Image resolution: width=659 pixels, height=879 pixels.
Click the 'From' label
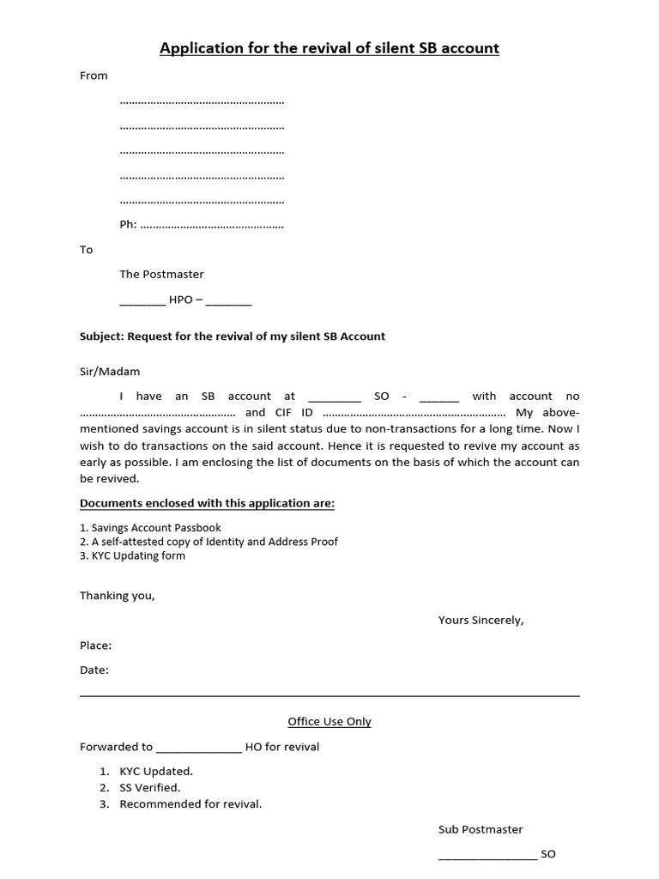coord(94,76)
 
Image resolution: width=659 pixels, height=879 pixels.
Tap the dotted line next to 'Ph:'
coord(211,226)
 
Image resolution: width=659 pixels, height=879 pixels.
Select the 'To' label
coord(86,250)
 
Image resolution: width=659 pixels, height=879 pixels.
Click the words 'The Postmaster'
coord(161,275)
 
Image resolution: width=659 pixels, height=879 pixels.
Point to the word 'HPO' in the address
coord(181,300)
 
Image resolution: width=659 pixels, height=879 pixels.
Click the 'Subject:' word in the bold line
coord(102,336)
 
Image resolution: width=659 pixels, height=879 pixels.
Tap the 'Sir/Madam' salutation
coord(110,372)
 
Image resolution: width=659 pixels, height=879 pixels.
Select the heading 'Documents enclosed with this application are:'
coord(207,503)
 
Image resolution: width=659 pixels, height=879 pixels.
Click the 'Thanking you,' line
coord(118,595)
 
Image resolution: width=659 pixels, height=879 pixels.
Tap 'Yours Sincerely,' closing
coord(481,620)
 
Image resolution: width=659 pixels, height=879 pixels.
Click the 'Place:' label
coord(95,645)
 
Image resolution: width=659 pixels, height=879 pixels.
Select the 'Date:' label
coord(94,670)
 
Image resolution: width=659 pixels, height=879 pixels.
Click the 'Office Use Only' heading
coord(329,722)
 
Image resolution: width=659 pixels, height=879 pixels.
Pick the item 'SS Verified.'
coord(149,787)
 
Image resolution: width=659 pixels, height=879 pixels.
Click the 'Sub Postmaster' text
coord(481,829)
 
